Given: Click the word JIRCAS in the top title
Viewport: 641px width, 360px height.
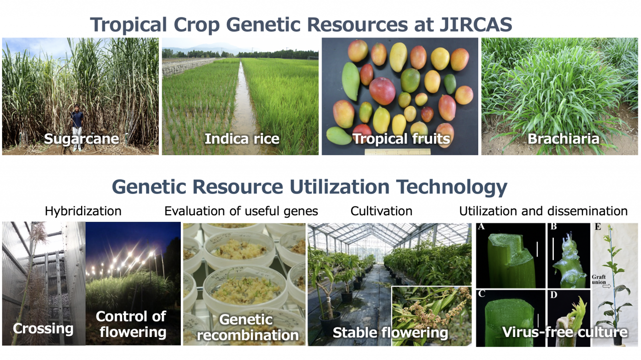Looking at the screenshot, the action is pos(476,25).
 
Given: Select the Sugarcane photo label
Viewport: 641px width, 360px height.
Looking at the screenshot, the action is pos(82,139).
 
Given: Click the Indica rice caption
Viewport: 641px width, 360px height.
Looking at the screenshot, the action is pos(242,139).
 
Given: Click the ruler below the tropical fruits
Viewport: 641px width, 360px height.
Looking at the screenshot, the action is pos(398,152).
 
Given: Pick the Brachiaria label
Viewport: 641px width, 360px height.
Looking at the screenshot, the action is pos(563,139).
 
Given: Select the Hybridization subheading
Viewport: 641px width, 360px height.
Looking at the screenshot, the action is pos(83,211).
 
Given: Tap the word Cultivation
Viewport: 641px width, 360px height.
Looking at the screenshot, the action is pos(382,211).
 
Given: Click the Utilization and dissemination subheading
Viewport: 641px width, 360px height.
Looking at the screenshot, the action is pos(543,211).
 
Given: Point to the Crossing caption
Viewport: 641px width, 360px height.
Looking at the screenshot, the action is pos(43,328).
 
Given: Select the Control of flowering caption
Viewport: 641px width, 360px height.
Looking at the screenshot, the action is pos(131,324).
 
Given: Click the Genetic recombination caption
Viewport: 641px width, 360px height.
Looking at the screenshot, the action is pos(247,327).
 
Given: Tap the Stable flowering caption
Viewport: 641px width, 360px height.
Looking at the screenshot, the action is pos(390,333).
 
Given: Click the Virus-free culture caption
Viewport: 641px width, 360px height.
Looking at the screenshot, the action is pos(565,332).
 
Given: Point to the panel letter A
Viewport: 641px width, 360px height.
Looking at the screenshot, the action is pos(481,227).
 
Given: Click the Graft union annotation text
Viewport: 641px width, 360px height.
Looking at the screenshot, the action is pos(598,279).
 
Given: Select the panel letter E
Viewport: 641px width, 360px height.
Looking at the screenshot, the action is pos(598,227).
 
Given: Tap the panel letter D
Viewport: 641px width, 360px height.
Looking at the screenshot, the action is pos(554,295).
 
